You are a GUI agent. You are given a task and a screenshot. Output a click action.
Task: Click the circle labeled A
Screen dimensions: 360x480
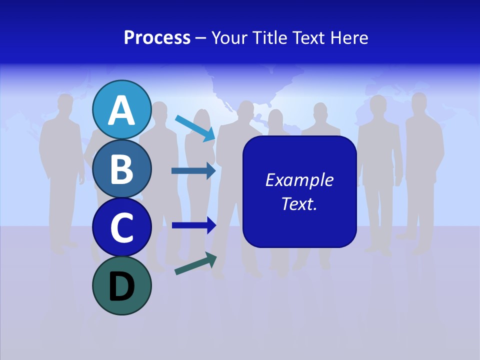(122, 109)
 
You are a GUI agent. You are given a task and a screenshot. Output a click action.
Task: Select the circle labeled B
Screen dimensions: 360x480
(122, 169)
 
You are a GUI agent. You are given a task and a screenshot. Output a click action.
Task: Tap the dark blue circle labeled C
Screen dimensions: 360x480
(122, 227)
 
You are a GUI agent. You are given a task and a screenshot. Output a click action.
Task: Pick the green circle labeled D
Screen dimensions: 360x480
(122, 285)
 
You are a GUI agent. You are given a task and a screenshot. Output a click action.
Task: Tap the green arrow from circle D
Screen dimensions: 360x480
(195, 263)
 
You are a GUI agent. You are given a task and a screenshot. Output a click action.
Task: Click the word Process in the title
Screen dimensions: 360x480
(157, 37)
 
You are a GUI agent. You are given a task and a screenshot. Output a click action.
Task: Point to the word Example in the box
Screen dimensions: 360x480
(299, 180)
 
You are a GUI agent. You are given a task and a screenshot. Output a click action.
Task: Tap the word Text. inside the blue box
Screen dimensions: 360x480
(299, 203)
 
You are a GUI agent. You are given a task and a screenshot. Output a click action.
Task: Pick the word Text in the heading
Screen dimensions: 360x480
(308, 37)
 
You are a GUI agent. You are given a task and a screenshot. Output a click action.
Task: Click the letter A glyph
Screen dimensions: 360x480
(122, 110)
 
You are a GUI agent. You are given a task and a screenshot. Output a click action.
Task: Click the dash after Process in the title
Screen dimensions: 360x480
(201, 38)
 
